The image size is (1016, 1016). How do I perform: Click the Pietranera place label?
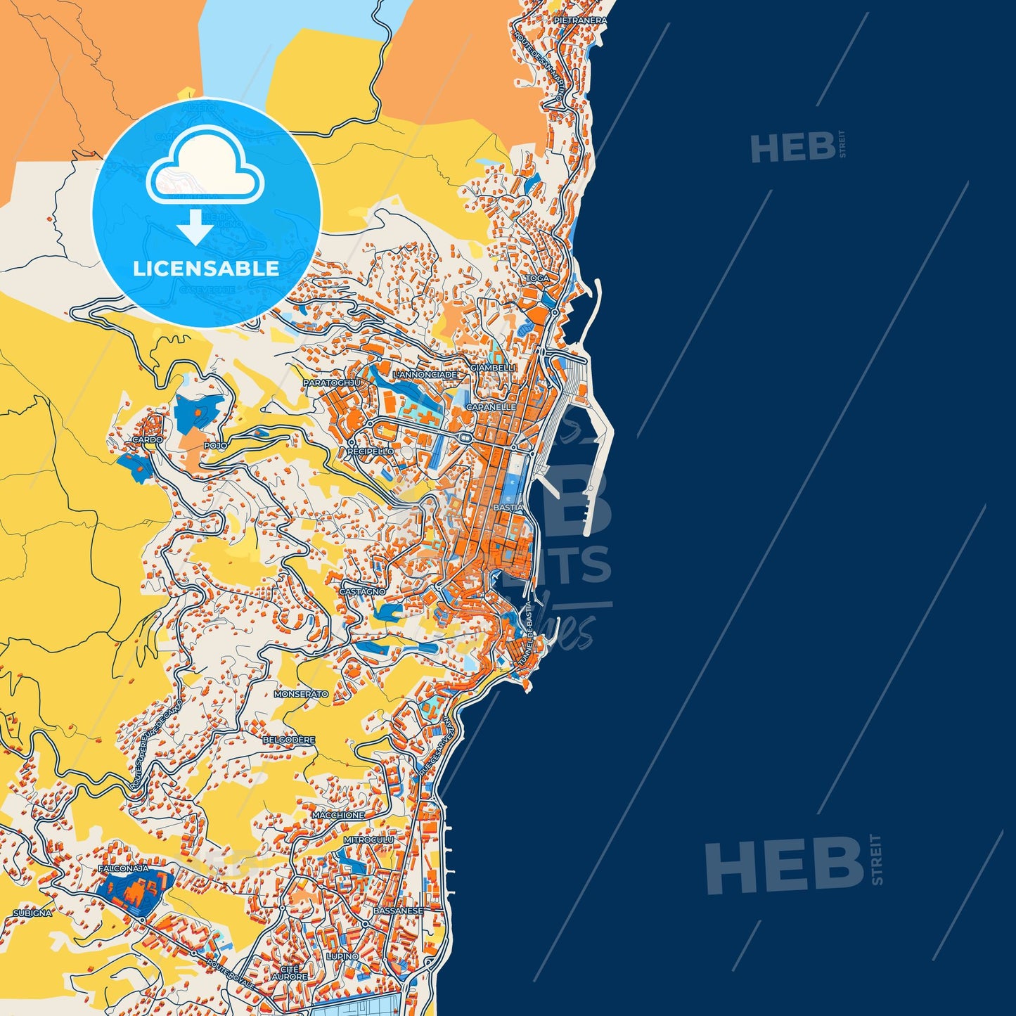coord(580,21)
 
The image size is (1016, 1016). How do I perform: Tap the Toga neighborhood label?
coord(537,278)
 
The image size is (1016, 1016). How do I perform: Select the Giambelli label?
coord(493,368)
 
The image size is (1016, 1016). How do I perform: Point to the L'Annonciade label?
coord(425,375)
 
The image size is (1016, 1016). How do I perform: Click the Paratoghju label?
coord(332,382)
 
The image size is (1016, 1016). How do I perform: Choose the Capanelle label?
coord(491,407)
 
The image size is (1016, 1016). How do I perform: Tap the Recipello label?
coord(371,451)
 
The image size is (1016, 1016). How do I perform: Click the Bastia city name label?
coord(508,507)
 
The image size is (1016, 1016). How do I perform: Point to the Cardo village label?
coord(148,439)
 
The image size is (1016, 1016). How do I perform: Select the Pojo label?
coord(215,446)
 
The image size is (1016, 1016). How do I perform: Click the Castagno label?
coord(362,592)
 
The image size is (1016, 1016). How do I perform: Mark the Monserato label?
coord(301,694)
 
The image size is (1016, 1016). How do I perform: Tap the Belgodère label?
coord(289,740)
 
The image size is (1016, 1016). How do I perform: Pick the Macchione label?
coord(338,815)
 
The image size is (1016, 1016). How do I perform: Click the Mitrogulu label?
coord(368,840)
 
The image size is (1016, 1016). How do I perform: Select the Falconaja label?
coord(124,869)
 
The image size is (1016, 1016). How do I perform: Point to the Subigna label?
coord(32,913)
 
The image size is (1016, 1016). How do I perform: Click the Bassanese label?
coord(398,911)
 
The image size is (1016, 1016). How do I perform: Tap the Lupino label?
coord(342,957)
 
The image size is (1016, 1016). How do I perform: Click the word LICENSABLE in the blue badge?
coord(206,268)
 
